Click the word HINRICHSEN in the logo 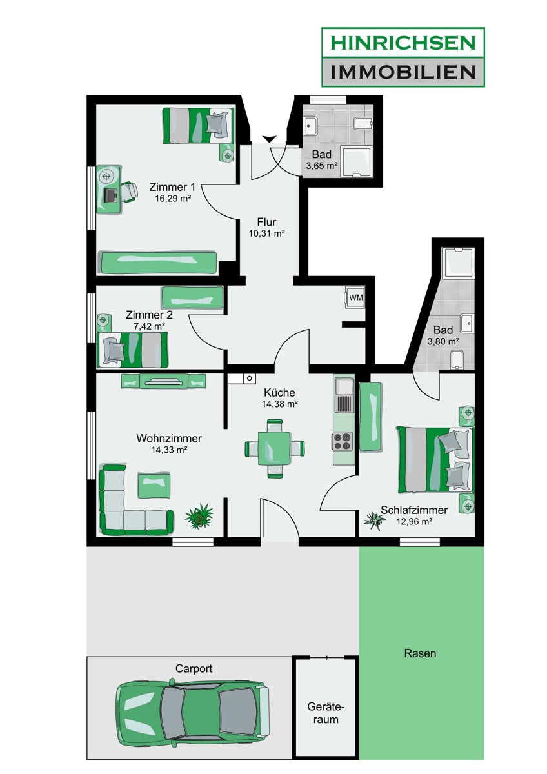click(x=403, y=43)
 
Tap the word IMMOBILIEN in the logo click(x=403, y=71)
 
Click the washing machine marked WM click(x=355, y=297)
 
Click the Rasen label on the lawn click(x=420, y=653)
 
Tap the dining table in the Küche click(x=274, y=448)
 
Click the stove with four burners click(x=343, y=441)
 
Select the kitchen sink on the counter click(x=344, y=386)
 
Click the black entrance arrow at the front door click(x=269, y=139)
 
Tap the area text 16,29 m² click(x=172, y=199)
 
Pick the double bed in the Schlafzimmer click(x=435, y=459)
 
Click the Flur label click(x=266, y=223)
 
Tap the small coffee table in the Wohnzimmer click(x=155, y=485)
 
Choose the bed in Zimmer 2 click(x=132, y=350)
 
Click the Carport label click(x=194, y=669)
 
